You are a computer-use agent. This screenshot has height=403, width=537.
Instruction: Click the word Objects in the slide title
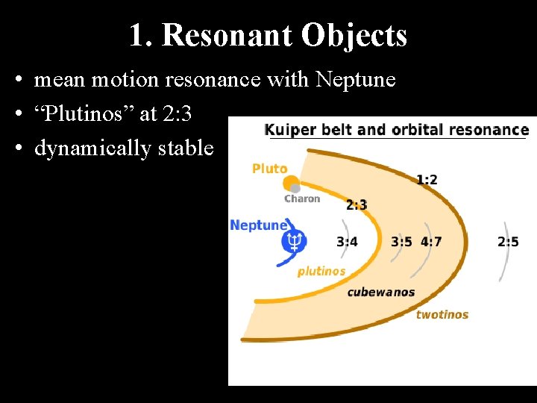tap(354, 35)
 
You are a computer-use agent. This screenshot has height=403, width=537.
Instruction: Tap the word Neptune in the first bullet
tap(356, 79)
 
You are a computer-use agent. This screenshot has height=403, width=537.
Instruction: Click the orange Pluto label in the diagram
tap(269, 169)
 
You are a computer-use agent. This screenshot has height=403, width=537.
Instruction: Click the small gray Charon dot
tap(295, 189)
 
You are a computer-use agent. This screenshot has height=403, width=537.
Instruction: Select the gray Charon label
tap(302, 199)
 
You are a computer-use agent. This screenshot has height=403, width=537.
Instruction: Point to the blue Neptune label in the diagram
tap(258, 225)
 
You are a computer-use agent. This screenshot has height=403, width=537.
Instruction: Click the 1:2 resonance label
tap(427, 179)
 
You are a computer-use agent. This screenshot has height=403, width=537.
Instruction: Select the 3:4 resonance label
tap(347, 241)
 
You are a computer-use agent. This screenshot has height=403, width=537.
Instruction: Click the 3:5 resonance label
tap(401, 241)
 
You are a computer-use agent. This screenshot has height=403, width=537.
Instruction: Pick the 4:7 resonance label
tap(431, 241)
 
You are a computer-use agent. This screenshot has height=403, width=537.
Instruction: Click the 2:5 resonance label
tap(508, 241)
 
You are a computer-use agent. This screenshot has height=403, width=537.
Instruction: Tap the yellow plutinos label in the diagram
tap(321, 271)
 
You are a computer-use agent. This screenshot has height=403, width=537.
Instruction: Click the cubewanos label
tap(381, 292)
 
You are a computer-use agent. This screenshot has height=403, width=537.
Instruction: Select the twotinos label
tap(442, 314)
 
